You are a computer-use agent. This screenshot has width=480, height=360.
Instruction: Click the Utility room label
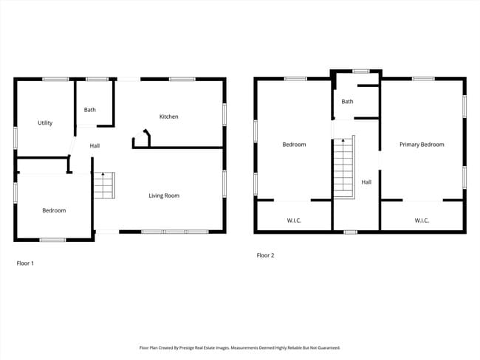point(45,123)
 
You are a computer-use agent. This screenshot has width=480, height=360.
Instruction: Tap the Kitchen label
point(169,117)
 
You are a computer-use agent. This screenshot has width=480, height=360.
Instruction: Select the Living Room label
point(164,195)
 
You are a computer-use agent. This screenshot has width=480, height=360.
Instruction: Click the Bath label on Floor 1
point(89,110)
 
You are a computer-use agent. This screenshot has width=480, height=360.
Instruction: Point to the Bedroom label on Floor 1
point(54,211)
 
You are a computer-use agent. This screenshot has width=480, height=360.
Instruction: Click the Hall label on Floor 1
point(95,146)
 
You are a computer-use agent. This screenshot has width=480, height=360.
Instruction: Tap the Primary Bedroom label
point(422,145)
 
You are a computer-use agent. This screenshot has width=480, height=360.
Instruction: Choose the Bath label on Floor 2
point(347,102)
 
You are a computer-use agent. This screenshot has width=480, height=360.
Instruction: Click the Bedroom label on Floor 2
point(294,145)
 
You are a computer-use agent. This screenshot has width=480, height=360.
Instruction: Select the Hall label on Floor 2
point(366,181)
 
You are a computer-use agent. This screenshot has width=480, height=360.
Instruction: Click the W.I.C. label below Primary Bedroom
point(422,221)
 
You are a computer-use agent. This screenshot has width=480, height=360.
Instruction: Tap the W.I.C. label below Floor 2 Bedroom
point(294,221)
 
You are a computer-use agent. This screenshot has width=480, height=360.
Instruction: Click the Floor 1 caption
point(25,263)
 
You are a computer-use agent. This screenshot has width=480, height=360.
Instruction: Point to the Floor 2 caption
point(265,255)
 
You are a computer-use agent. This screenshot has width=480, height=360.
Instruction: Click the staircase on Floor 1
point(104,185)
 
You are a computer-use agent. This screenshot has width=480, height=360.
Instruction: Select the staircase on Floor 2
point(343,166)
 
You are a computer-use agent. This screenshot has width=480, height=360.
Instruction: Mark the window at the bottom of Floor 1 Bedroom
point(52,240)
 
